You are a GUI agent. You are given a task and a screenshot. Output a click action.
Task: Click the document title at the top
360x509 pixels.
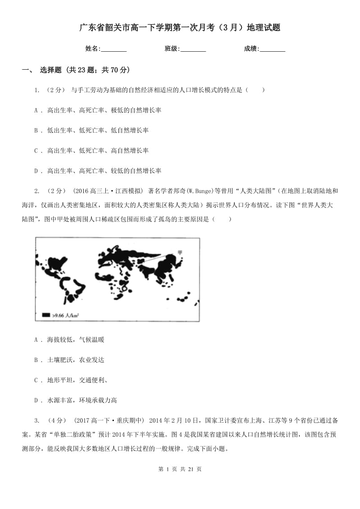pos(180,28)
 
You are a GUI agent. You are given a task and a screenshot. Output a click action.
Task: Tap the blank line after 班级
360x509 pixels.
pos(193,49)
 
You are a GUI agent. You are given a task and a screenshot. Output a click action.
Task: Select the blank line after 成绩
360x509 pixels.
pos(272,49)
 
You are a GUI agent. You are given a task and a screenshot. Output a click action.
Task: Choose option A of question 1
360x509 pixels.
pos(98,110)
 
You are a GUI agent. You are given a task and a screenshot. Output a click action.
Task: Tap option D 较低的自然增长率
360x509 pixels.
pos(98,171)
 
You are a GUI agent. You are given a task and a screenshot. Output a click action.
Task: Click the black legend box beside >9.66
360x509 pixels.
pos(46,315)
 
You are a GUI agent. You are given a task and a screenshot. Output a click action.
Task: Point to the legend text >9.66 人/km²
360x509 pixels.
pos(63,316)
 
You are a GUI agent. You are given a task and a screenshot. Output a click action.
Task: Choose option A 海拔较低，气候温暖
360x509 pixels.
pos(69,339)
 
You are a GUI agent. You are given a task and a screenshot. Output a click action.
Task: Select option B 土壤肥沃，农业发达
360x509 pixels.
pos(69,360)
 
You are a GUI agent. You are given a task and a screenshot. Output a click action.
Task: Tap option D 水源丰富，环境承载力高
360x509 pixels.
pos(76,400)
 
